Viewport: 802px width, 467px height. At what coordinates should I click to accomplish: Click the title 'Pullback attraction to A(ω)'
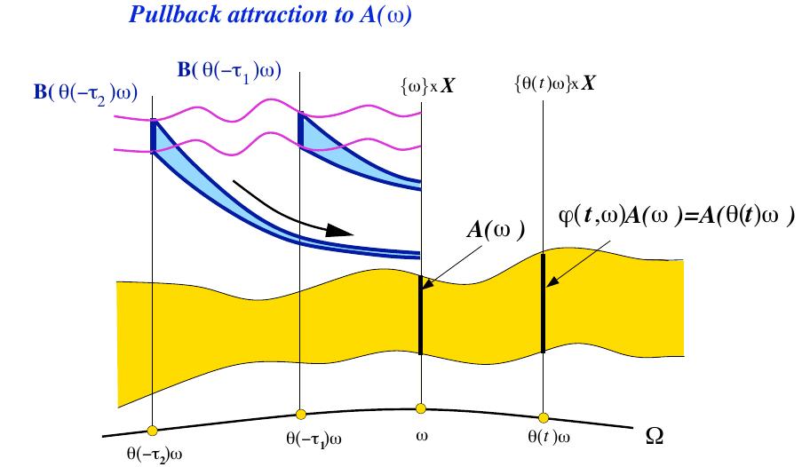pyautogui.click(x=270, y=18)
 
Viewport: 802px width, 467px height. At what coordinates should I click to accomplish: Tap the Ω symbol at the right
pyautogui.click(x=655, y=438)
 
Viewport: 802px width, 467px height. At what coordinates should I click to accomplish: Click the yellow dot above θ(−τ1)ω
pyautogui.click(x=300, y=413)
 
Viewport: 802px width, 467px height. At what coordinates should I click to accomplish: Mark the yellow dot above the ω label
pyautogui.click(x=421, y=408)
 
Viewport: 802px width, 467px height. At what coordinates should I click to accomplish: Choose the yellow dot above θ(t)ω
pyautogui.click(x=542, y=415)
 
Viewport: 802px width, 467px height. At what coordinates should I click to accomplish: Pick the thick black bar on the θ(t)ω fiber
pyautogui.click(x=543, y=303)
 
